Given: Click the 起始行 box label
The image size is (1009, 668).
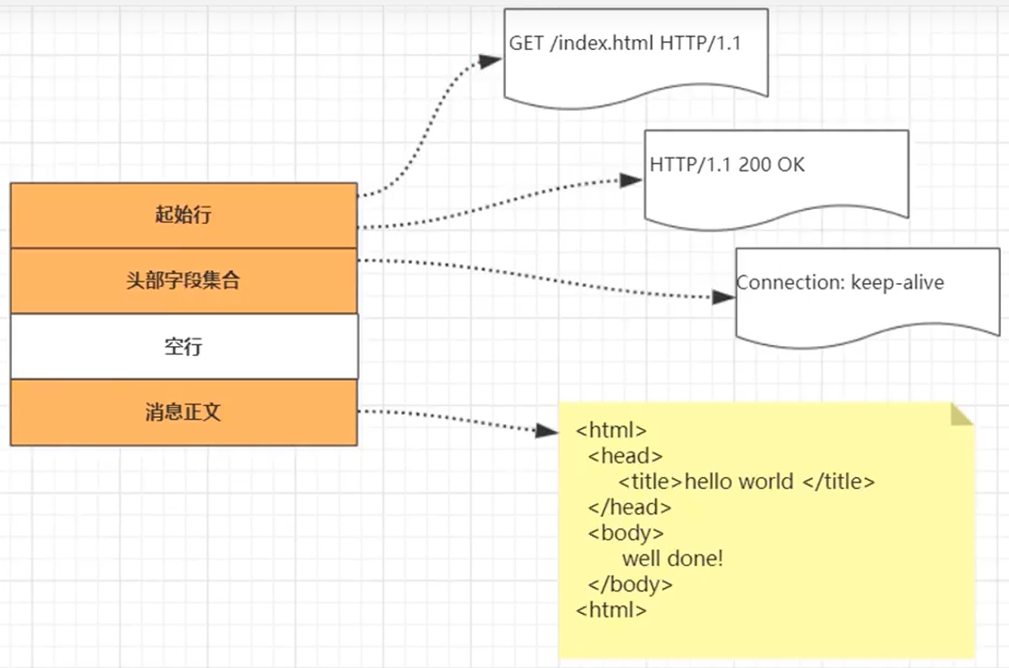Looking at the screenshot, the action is coord(183,214).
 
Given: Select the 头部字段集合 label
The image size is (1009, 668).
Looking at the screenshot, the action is coord(183,281).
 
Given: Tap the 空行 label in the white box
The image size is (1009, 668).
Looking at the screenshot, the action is coord(183,347).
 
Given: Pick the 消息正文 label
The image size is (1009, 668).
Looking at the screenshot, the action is coord(183,412).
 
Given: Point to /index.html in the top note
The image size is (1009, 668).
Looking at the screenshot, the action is coord(602,43).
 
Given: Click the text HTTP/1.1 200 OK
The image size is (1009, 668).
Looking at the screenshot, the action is coord(727,165).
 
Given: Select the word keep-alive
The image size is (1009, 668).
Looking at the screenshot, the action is coord(898,283).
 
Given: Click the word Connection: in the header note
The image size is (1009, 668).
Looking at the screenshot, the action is coord(790,282).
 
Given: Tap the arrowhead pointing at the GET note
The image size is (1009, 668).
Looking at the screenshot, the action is coord(489,60).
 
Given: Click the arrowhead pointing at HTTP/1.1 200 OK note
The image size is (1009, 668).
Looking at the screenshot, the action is coord(630,181).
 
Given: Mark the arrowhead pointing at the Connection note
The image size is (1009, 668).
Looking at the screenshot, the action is coord(723,297).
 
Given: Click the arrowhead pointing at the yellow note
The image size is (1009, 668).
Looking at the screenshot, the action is coord(547,431).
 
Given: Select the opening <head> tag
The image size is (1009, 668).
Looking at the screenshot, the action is coord(625,456).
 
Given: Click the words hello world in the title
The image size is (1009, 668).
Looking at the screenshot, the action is coord(738,482).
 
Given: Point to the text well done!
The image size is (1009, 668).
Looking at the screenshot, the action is coord(672,559).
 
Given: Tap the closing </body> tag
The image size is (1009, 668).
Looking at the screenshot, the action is coord(630,584).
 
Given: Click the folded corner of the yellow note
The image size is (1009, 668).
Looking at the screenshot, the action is coord(960,415).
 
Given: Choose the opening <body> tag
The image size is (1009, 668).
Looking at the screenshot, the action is coord(625,534).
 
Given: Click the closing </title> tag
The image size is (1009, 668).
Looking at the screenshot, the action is coord(839,482).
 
